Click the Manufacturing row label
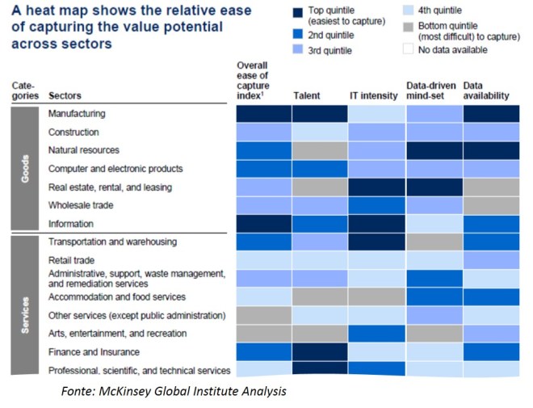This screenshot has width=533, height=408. click(x=77, y=114)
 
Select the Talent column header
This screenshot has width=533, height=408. click(x=308, y=95)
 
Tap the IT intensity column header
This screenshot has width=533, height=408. click(x=374, y=95)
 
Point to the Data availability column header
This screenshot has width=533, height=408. click(x=486, y=90)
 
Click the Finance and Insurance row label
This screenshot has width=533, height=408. click(x=94, y=351)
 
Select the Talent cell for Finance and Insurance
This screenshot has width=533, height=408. click(x=321, y=351)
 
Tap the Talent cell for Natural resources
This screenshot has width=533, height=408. click(x=321, y=150)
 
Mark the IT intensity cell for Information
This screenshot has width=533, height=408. click(x=377, y=224)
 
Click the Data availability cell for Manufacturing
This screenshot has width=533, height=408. click(x=490, y=114)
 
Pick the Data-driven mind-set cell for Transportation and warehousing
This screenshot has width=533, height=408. click(x=434, y=242)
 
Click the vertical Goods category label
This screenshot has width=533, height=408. click(x=24, y=168)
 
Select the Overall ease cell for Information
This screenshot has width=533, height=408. click(x=264, y=224)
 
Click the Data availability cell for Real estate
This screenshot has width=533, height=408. click(x=490, y=187)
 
